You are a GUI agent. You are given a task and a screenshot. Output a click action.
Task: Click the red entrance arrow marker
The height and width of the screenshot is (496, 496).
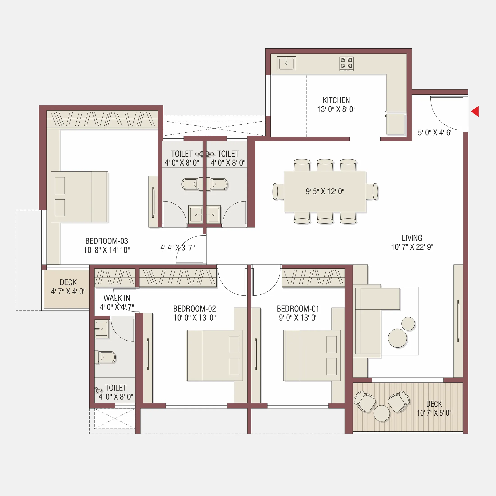click(x=475, y=111)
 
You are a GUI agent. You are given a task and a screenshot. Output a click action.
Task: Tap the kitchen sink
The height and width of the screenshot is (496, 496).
click(x=286, y=64)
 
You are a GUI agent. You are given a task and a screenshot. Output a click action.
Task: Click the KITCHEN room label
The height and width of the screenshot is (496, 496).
click(x=336, y=100)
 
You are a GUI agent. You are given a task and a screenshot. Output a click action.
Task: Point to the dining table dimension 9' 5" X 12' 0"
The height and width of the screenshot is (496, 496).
click(x=325, y=191)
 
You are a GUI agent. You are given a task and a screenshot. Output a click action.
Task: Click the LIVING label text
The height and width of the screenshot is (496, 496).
click(x=412, y=238)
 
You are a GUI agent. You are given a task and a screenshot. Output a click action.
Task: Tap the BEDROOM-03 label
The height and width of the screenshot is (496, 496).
click(x=107, y=241)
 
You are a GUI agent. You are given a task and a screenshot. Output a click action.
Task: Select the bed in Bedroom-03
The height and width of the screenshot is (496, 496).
click(x=79, y=197)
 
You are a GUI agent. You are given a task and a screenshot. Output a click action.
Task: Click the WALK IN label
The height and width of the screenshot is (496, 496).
click(x=117, y=298)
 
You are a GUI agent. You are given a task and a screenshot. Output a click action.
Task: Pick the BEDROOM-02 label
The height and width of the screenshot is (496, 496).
click(x=194, y=309)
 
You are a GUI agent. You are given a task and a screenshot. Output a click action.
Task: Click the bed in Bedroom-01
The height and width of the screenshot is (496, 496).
click(x=312, y=355)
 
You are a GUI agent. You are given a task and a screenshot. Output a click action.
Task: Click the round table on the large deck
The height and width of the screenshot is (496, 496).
click(x=381, y=413)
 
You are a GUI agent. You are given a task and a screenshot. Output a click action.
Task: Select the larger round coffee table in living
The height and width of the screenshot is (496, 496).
click(x=397, y=338)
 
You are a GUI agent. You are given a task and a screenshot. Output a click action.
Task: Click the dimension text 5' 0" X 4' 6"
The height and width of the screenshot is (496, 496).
click(x=435, y=133)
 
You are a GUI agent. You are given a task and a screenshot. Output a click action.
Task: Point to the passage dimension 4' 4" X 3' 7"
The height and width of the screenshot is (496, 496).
click(x=177, y=248)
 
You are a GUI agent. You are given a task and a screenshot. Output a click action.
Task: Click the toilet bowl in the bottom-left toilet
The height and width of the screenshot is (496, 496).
click(x=107, y=357)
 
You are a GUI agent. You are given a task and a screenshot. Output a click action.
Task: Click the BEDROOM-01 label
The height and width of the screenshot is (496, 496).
click(x=298, y=309)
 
